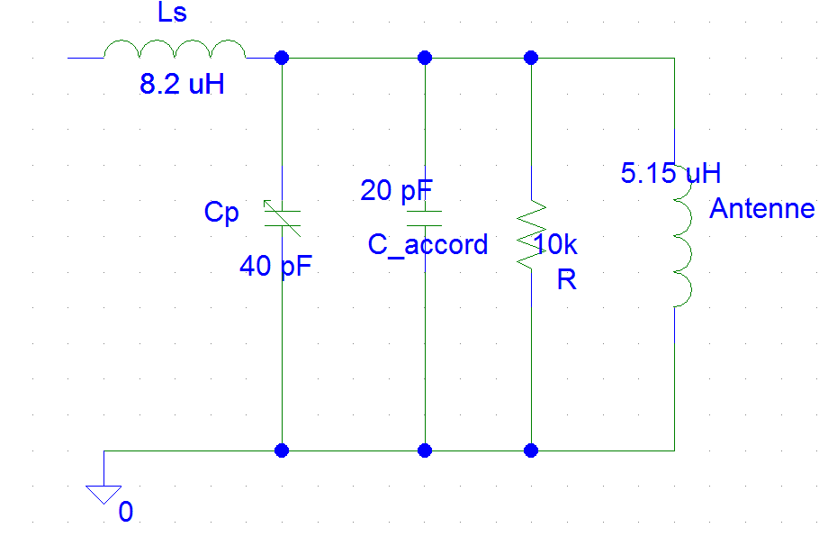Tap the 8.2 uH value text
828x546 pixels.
pyautogui.click(x=180, y=86)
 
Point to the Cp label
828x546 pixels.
pyautogui.click(x=221, y=213)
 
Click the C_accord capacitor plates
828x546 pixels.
pyautogui.click(x=425, y=217)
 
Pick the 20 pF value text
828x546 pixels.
pyautogui.click(x=396, y=191)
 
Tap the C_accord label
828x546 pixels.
pyautogui.click(x=427, y=245)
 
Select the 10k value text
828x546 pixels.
pyautogui.click(x=556, y=245)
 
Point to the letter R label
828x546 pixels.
pyautogui.click(x=566, y=280)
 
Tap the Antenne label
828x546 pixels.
pyautogui.click(x=761, y=209)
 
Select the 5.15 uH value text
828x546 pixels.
pyautogui.click(x=670, y=173)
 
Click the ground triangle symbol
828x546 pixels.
pyautogui.click(x=103, y=493)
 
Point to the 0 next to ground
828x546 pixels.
pyautogui.click(x=126, y=513)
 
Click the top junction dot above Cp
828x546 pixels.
pyautogui.click(x=283, y=58)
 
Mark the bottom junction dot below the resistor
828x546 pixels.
pyautogui.click(x=531, y=450)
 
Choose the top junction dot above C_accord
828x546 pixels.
pyautogui.click(x=425, y=58)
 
